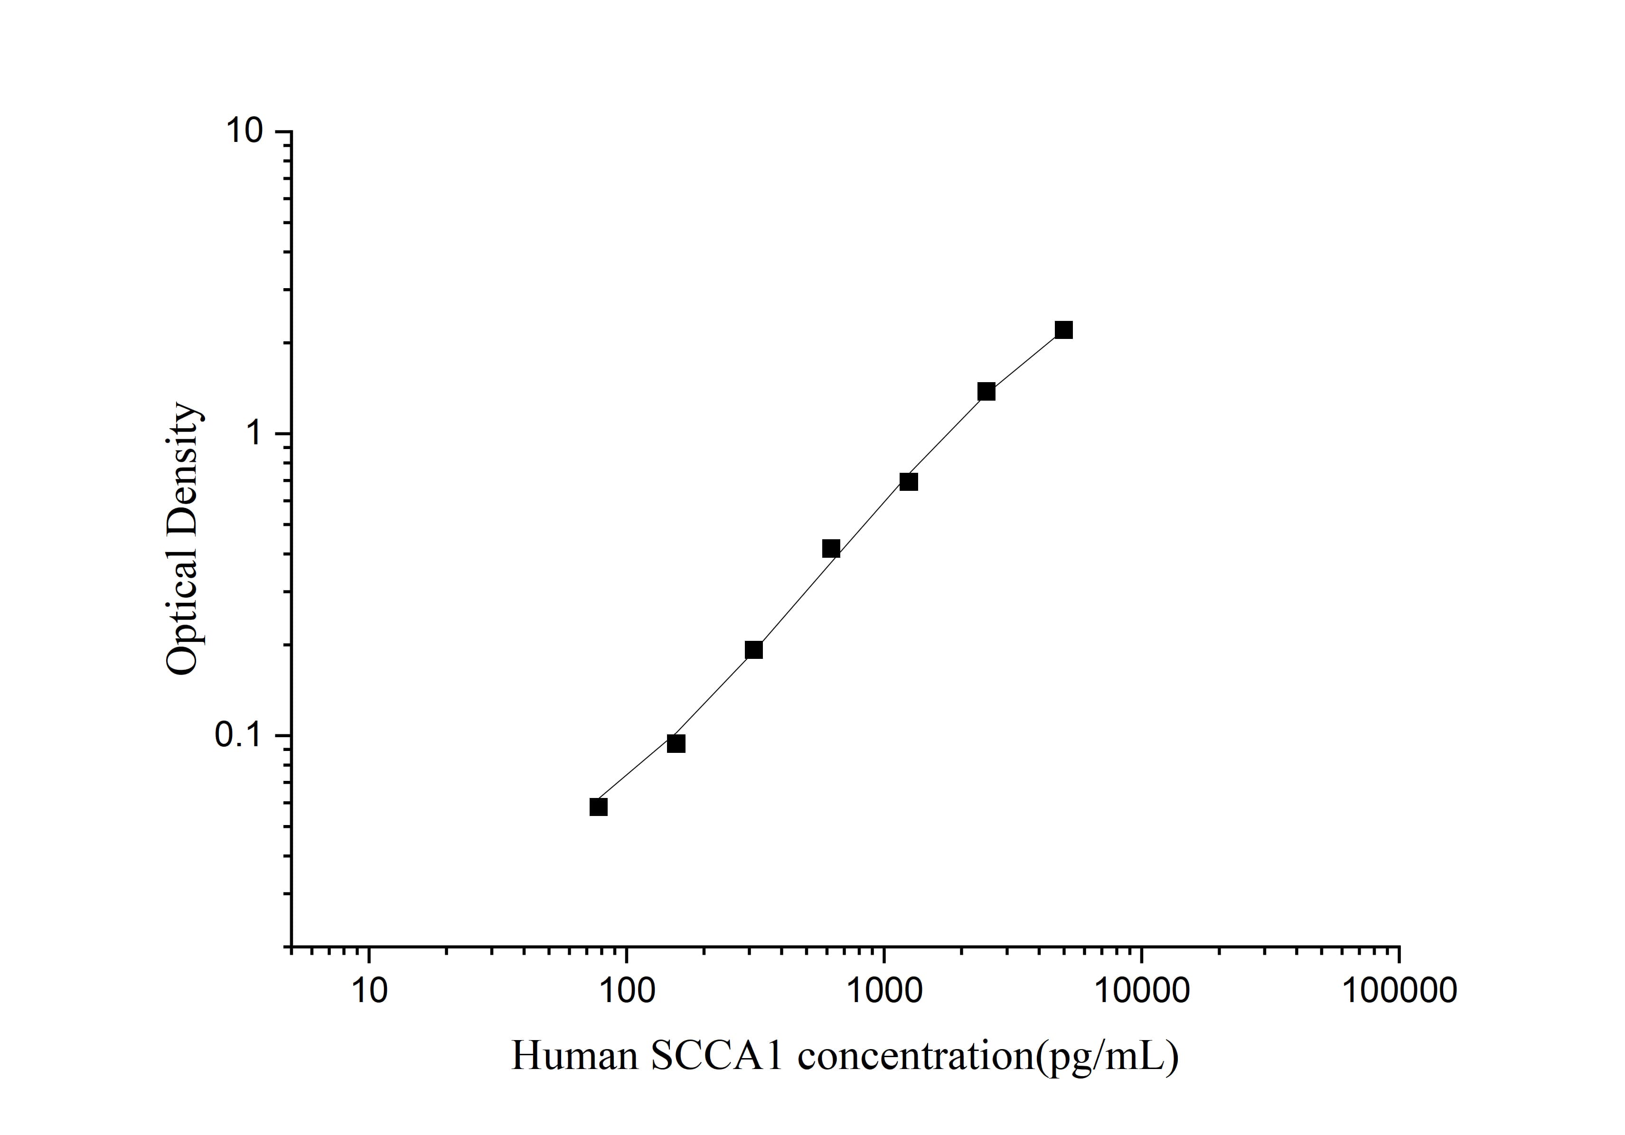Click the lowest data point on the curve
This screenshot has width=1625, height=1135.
tap(598, 807)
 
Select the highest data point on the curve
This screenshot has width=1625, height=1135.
tap(1063, 330)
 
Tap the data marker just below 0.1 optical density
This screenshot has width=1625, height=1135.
tap(676, 744)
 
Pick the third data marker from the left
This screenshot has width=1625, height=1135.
tap(754, 649)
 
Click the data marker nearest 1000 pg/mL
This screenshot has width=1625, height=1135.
tap(909, 482)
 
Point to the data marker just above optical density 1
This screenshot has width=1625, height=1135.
tap(986, 391)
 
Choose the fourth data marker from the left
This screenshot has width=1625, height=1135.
tap(831, 548)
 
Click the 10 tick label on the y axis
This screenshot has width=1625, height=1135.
tap(244, 131)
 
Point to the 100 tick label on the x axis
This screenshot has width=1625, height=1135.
tap(626, 991)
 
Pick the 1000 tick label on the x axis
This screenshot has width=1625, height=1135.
tap(883, 991)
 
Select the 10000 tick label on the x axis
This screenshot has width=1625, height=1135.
tap(1141, 991)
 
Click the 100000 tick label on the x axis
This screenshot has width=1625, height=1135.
tap(1399, 991)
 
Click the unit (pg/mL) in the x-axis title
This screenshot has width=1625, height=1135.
tap(1108, 1057)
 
